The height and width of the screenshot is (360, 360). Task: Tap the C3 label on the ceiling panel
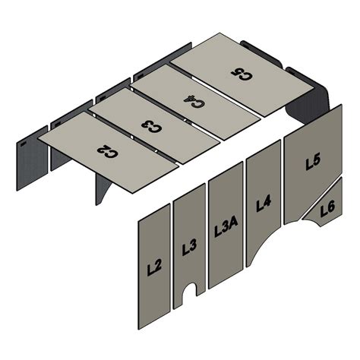tap(152, 125)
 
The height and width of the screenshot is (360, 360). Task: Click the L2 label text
tap(154, 267)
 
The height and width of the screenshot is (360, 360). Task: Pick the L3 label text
tap(190, 247)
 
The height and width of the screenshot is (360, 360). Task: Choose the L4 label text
tap(264, 204)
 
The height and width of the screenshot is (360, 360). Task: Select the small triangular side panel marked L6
tap(325, 213)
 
